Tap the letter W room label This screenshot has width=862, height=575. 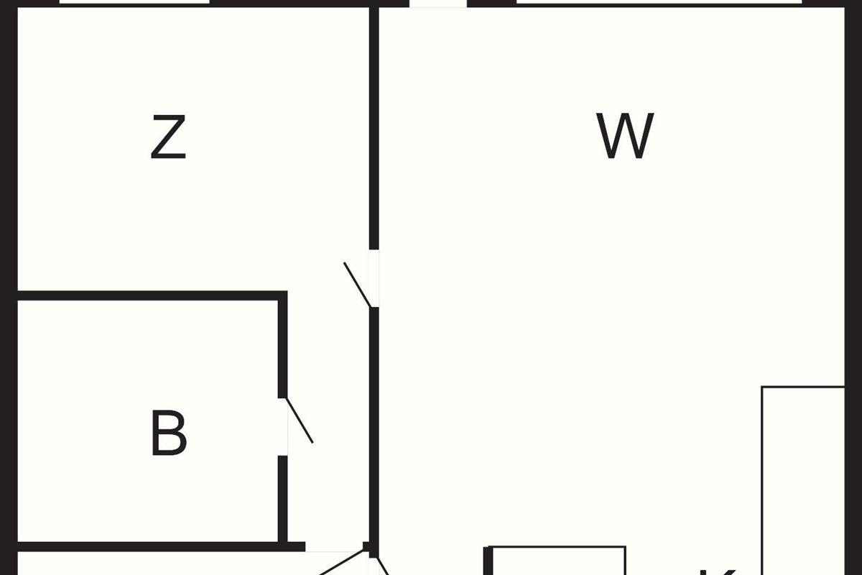(625, 137)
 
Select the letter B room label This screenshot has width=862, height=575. (169, 433)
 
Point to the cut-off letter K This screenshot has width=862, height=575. (718, 571)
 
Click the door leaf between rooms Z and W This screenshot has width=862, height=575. (357, 285)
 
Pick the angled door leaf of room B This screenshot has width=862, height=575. (300, 420)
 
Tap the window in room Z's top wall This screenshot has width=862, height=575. (134, 2)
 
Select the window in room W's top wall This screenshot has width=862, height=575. (659, 2)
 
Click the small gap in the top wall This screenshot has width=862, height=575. (437, 3)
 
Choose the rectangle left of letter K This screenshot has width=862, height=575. (557, 561)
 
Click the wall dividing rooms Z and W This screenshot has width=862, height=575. (374, 129)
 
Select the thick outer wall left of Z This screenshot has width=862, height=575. (7, 144)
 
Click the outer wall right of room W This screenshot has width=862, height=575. (853, 194)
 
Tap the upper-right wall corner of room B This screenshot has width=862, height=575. (283, 296)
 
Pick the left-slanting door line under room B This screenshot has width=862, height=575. (341, 563)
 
